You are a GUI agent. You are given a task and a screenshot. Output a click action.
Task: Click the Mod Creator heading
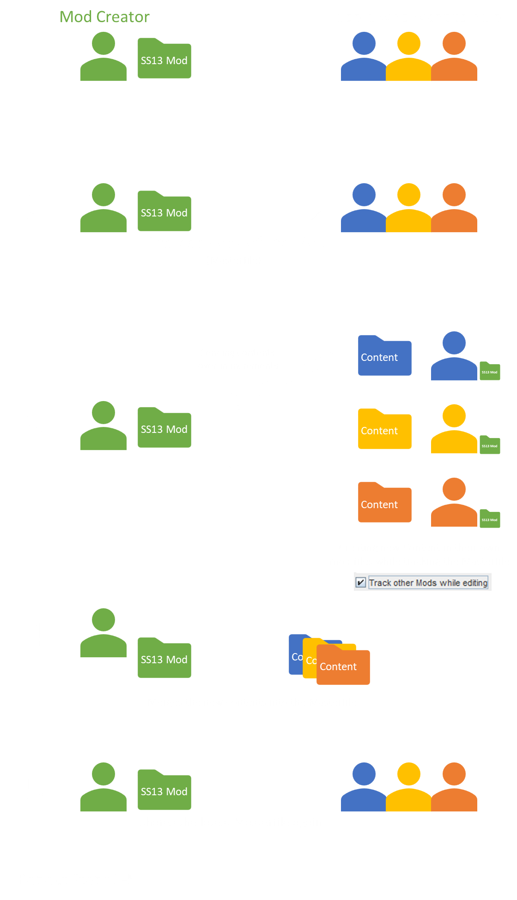104,17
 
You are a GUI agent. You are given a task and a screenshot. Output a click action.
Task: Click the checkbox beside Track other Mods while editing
361,582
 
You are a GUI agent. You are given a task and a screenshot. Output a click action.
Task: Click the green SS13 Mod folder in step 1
164,60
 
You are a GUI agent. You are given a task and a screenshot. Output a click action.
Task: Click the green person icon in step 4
103,633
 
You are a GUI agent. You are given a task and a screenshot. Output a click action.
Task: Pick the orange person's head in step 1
454,44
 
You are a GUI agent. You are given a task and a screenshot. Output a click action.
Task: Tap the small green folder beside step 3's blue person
490,371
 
